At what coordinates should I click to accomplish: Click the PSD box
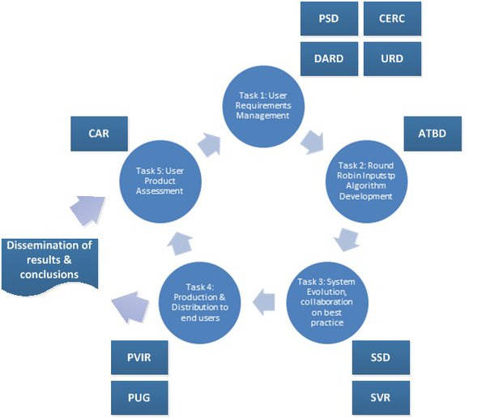pos(328,19)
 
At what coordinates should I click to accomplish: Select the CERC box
pos(390,19)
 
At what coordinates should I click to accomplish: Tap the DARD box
pos(328,58)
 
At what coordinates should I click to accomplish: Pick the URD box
pos(390,58)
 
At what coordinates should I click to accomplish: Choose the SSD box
pos(382,357)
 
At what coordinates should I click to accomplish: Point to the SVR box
pos(382,397)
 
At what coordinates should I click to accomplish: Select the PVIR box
pos(138,357)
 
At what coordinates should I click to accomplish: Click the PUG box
pos(138,397)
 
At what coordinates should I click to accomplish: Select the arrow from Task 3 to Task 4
pos(263,302)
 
